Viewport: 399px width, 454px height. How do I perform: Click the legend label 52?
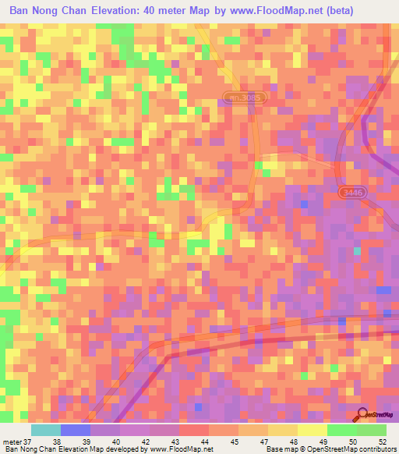pyautogui.click(x=381, y=442)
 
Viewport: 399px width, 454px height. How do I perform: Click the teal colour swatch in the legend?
pyautogui.click(x=46, y=430)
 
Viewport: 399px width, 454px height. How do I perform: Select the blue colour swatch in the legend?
pyautogui.click(x=76, y=430)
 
